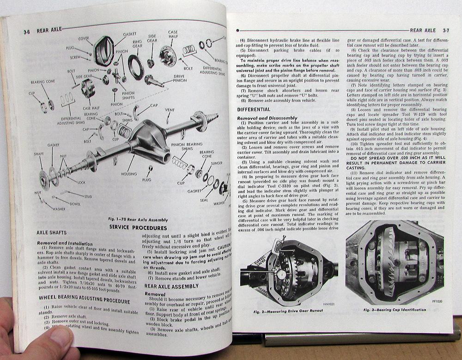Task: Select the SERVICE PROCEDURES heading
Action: (138, 228)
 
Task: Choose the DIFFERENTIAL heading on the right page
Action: (254, 110)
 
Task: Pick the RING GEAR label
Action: (137, 44)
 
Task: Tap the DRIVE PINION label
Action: (179, 78)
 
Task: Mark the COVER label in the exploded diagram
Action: (84, 39)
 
